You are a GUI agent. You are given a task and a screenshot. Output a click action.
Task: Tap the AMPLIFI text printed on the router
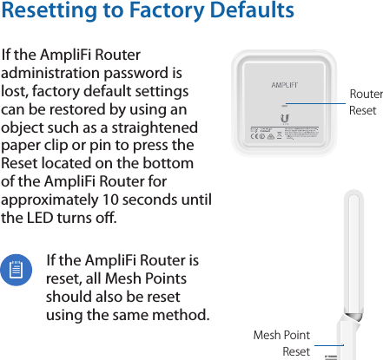(284, 85)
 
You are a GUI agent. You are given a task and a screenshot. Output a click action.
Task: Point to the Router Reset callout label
(365, 102)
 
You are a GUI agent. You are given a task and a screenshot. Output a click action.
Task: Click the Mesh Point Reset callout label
(281, 343)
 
